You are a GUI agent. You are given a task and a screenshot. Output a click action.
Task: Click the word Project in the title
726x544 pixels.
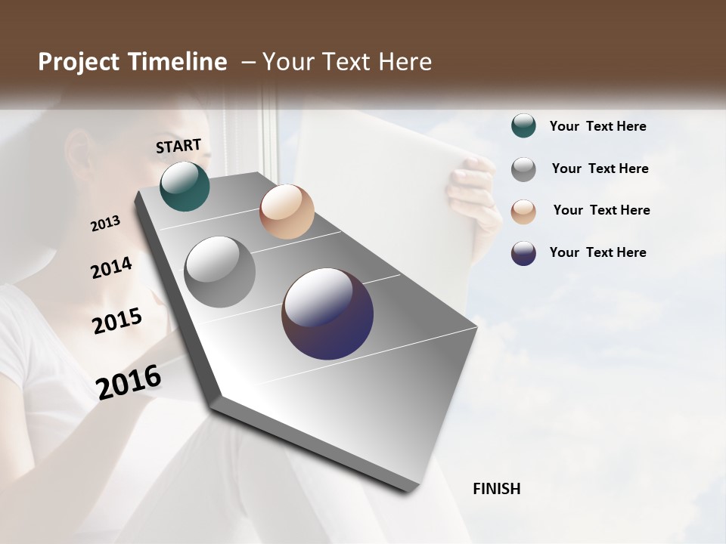click(x=77, y=62)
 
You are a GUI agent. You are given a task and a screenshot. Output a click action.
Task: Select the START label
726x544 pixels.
click(x=178, y=146)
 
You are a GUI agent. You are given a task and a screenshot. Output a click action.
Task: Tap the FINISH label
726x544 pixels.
click(x=497, y=489)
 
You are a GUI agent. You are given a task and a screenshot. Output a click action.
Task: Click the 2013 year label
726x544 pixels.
click(x=105, y=224)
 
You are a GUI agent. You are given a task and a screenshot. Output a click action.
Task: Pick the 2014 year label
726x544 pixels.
click(x=111, y=267)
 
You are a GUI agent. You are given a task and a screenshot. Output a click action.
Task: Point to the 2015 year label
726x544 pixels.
click(x=117, y=321)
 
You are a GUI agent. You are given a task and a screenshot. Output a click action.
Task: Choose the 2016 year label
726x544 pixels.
click(x=129, y=382)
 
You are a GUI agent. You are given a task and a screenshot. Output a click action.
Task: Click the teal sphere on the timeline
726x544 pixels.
click(x=185, y=186)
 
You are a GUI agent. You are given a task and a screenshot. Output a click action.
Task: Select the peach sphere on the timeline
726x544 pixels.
click(x=287, y=212)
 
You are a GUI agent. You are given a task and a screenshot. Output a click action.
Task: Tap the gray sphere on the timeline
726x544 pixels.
click(x=220, y=272)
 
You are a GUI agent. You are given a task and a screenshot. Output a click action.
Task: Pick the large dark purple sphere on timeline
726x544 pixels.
click(x=327, y=314)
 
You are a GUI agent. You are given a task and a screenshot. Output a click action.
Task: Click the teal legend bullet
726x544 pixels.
click(x=523, y=125)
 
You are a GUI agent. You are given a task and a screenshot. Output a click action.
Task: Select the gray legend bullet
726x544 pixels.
click(x=523, y=168)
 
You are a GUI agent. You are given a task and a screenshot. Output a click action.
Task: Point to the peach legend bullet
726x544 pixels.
click(x=523, y=211)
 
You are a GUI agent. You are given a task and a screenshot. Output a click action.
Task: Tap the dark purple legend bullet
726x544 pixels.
click(x=523, y=253)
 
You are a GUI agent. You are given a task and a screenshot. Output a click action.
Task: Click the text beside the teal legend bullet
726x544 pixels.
click(x=597, y=126)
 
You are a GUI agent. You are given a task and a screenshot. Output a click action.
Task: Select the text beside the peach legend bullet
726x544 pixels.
click(x=601, y=210)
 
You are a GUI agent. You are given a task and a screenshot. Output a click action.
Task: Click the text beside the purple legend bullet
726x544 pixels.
click(x=597, y=252)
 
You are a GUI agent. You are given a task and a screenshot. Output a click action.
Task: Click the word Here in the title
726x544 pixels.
click(x=405, y=62)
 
